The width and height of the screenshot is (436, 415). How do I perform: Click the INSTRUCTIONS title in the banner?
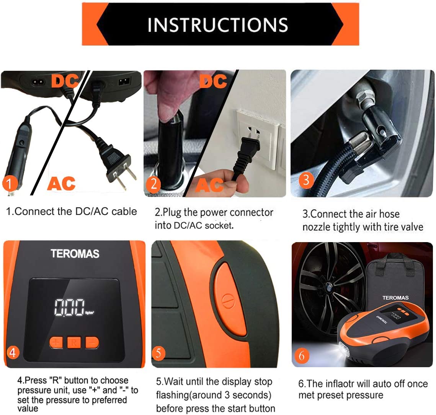tap(217, 25)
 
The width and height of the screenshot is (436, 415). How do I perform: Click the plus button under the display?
tap(56, 342)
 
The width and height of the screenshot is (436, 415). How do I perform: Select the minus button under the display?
tap(91, 342)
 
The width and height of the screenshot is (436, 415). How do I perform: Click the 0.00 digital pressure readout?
tap(69, 307)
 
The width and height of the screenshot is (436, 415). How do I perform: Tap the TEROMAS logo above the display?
tap(75, 254)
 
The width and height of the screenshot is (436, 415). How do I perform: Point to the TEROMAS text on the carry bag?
tap(395, 298)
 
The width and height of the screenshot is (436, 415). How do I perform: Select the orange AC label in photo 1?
tap(61, 184)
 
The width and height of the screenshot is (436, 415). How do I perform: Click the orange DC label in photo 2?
tap(213, 81)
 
